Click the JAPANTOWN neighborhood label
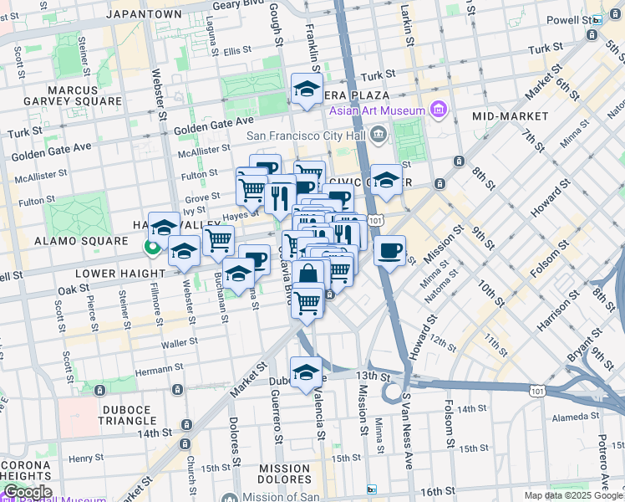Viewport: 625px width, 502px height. pos(148,14)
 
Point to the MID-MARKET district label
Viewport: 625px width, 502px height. pos(511,115)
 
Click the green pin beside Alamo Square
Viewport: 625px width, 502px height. pos(151,247)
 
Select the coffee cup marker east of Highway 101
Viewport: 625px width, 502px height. pos(389,250)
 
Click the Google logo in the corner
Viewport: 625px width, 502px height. pos(27,492)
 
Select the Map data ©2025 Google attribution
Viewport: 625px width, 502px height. pos(572,495)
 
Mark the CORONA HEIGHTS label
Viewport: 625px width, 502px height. pos(25,472)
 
